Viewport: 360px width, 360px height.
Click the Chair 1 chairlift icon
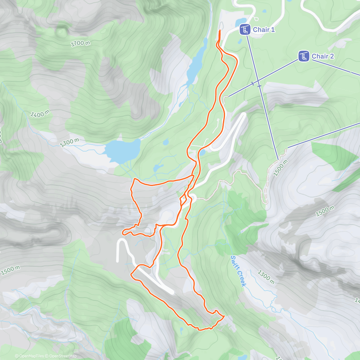pyautogui.click(x=245, y=30)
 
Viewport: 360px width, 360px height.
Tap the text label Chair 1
pyautogui.click(x=264, y=30)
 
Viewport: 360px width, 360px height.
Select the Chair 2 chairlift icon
pyautogui.click(x=304, y=56)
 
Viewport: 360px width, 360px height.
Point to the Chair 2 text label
pyautogui.click(x=322, y=56)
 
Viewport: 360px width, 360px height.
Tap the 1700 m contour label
pyautogui.click(x=80, y=43)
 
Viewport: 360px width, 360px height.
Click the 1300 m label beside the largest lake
pyautogui.click(x=70, y=142)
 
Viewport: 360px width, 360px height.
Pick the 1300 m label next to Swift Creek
pyautogui.click(x=266, y=277)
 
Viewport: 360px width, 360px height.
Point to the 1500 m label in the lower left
pyautogui.click(x=10, y=270)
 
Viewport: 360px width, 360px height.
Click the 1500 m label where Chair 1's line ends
pyautogui.click(x=280, y=167)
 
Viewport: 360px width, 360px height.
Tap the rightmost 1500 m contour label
pyautogui.click(x=325, y=211)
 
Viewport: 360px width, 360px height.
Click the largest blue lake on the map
pyautogui.click(x=122, y=149)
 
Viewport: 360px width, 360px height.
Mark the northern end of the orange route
pyautogui.click(x=220, y=31)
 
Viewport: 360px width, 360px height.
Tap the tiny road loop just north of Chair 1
pyautogui.click(x=256, y=18)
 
